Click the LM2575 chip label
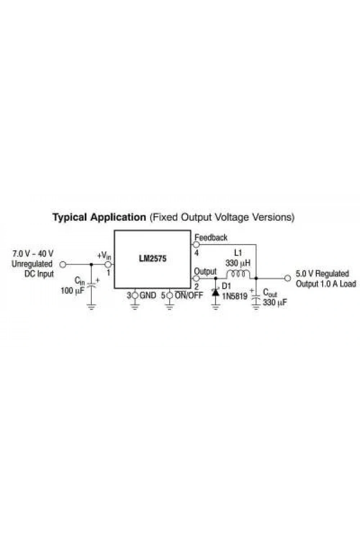pyautogui.click(x=153, y=258)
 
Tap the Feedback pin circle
pyautogui.click(x=196, y=244)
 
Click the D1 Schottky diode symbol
pyautogui.click(x=215, y=292)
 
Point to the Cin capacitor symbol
pyautogui.click(x=91, y=284)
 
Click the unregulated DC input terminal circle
pyautogui.click(x=63, y=265)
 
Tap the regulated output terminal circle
pyautogui.click(x=287, y=278)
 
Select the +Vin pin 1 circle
pyautogui.click(x=108, y=265)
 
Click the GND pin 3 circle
pyautogui.click(x=135, y=295)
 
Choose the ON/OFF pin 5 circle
pyautogui.click(x=170, y=295)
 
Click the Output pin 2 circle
pyautogui.click(x=196, y=278)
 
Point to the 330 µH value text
pyautogui.click(x=238, y=263)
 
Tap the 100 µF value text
pyautogui.click(x=73, y=291)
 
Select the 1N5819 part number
pyautogui.click(x=234, y=296)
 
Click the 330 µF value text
pyautogui.click(x=275, y=302)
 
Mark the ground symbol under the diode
pyautogui.click(x=216, y=307)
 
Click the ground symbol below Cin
pyautogui.click(x=91, y=307)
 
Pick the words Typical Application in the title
pyautogui.click(x=99, y=217)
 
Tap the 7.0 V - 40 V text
pyautogui.click(x=33, y=253)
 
